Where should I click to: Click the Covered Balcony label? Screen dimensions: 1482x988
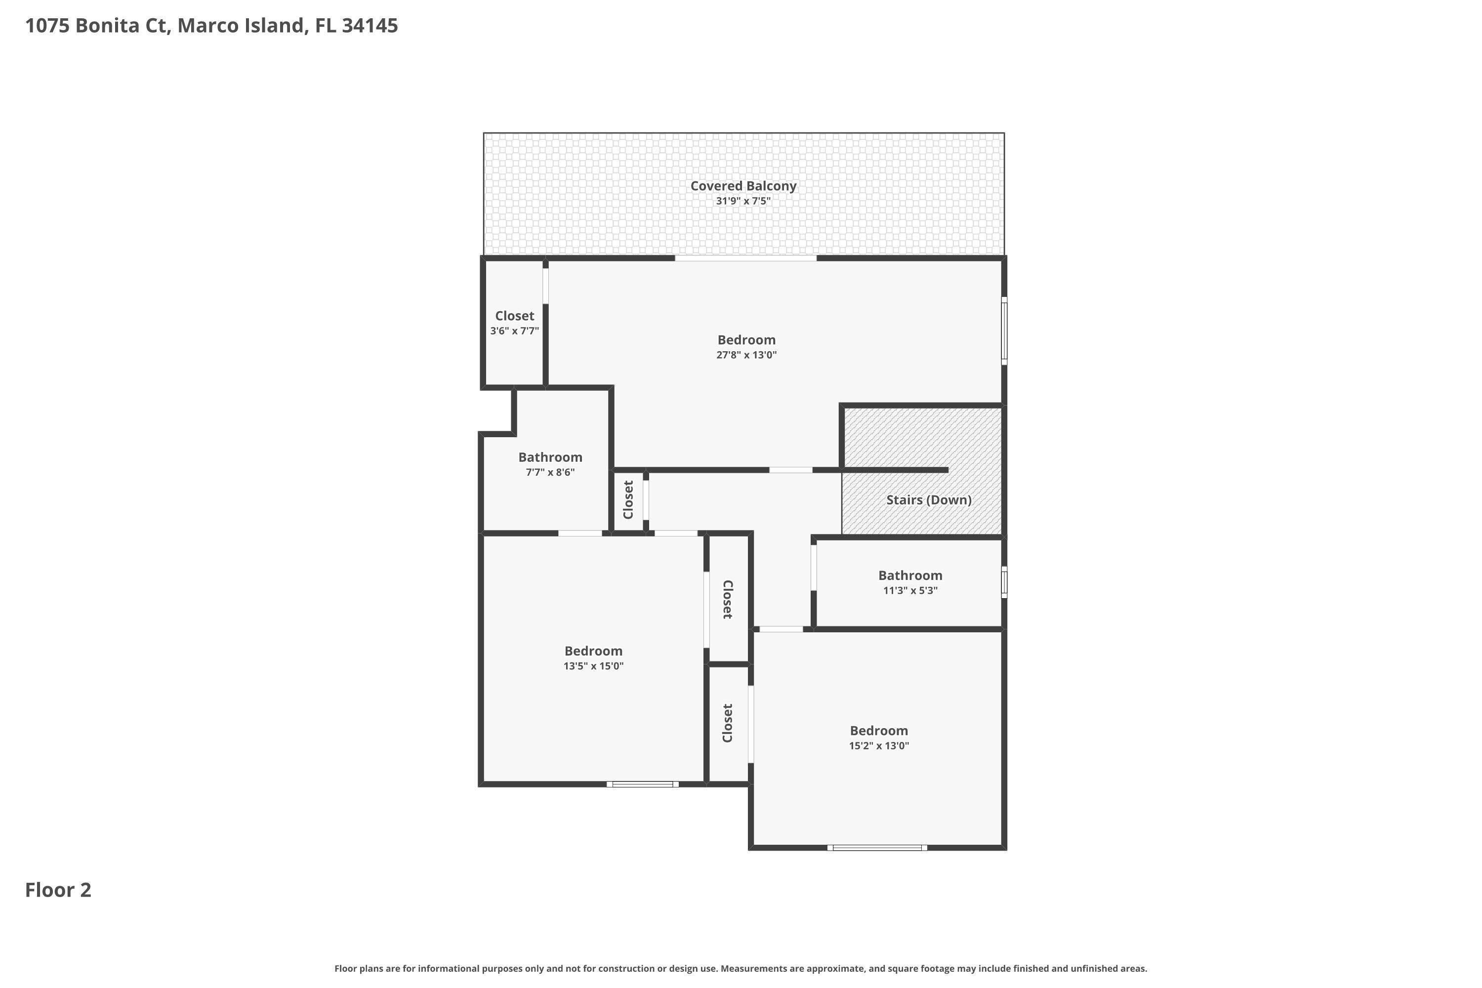tap(743, 186)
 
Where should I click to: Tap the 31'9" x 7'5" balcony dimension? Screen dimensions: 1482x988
tap(743, 201)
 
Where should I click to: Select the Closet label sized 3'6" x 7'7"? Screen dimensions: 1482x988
tap(514, 316)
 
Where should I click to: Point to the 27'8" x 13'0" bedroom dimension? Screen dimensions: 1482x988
tap(746, 355)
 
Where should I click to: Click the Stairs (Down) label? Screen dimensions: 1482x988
tap(929, 499)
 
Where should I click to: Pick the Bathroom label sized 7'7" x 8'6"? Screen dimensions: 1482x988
tap(550, 457)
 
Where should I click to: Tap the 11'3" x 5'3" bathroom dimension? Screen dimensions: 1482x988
tap(910, 590)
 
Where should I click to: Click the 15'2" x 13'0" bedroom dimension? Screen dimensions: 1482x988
tap(878, 746)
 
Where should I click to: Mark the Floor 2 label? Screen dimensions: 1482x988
tap(58, 890)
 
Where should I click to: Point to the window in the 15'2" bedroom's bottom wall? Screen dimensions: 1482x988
tap(877, 848)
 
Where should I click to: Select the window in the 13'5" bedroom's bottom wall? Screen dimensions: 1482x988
tap(643, 784)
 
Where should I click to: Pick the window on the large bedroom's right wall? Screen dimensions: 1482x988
tap(1004, 331)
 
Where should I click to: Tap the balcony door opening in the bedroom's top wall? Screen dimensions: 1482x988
tap(746, 258)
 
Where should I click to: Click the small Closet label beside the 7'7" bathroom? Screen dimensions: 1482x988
tap(628, 499)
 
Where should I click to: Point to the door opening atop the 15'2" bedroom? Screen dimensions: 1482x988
tap(782, 629)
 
